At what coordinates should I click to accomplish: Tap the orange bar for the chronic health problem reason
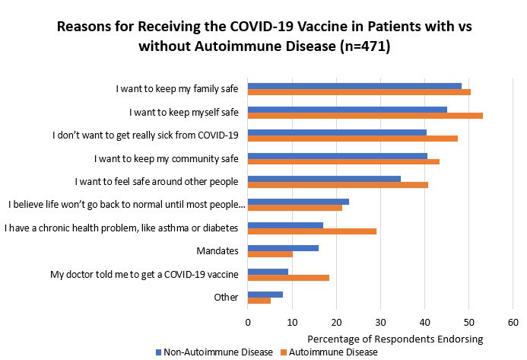click(x=312, y=231)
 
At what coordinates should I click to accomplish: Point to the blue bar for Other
click(x=265, y=294)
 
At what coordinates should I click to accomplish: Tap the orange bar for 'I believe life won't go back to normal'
click(x=295, y=208)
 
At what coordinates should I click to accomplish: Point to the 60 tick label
click(x=513, y=322)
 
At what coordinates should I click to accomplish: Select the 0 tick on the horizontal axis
click(x=248, y=322)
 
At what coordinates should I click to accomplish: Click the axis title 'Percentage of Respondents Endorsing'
click(x=395, y=337)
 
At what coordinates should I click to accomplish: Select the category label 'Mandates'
click(x=219, y=250)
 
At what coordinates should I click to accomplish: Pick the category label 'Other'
click(x=226, y=297)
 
